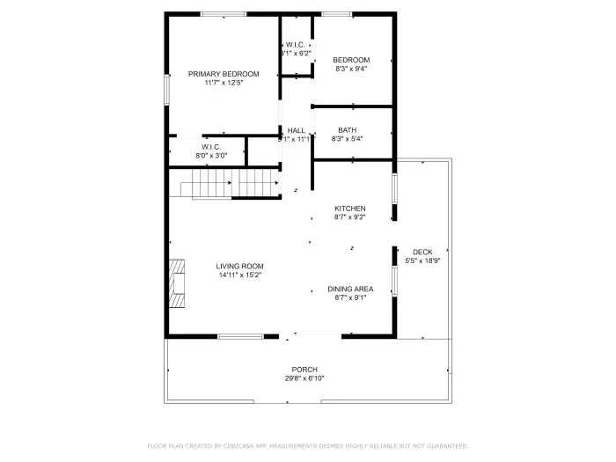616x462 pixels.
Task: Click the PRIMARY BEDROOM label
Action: point(224,74)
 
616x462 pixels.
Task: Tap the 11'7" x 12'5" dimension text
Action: point(224,84)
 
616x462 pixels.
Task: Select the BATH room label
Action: point(347,130)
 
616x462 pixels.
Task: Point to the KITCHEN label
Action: point(349,209)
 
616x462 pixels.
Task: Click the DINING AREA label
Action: point(349,289)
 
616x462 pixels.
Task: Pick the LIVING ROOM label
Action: point(240,266)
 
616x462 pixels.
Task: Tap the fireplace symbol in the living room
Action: point(178,283)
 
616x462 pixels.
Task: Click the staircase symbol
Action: point(231,184)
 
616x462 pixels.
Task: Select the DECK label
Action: point(422,252)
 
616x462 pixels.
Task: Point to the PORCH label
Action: point(304,369)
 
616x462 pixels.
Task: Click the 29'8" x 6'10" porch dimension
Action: point(304,378)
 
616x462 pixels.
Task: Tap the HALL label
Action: point(296,130)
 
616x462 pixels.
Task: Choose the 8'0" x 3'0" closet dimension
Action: point(210,156)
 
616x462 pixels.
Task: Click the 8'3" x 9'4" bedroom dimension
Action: point(350,69)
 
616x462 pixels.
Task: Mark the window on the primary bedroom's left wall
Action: point(166,90)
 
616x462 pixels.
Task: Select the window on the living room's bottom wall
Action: point(240,336)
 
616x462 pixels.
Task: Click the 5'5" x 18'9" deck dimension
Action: point(422,261)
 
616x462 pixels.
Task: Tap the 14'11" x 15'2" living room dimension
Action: point(240,275)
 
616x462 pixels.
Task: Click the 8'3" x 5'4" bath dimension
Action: point(347,139)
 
